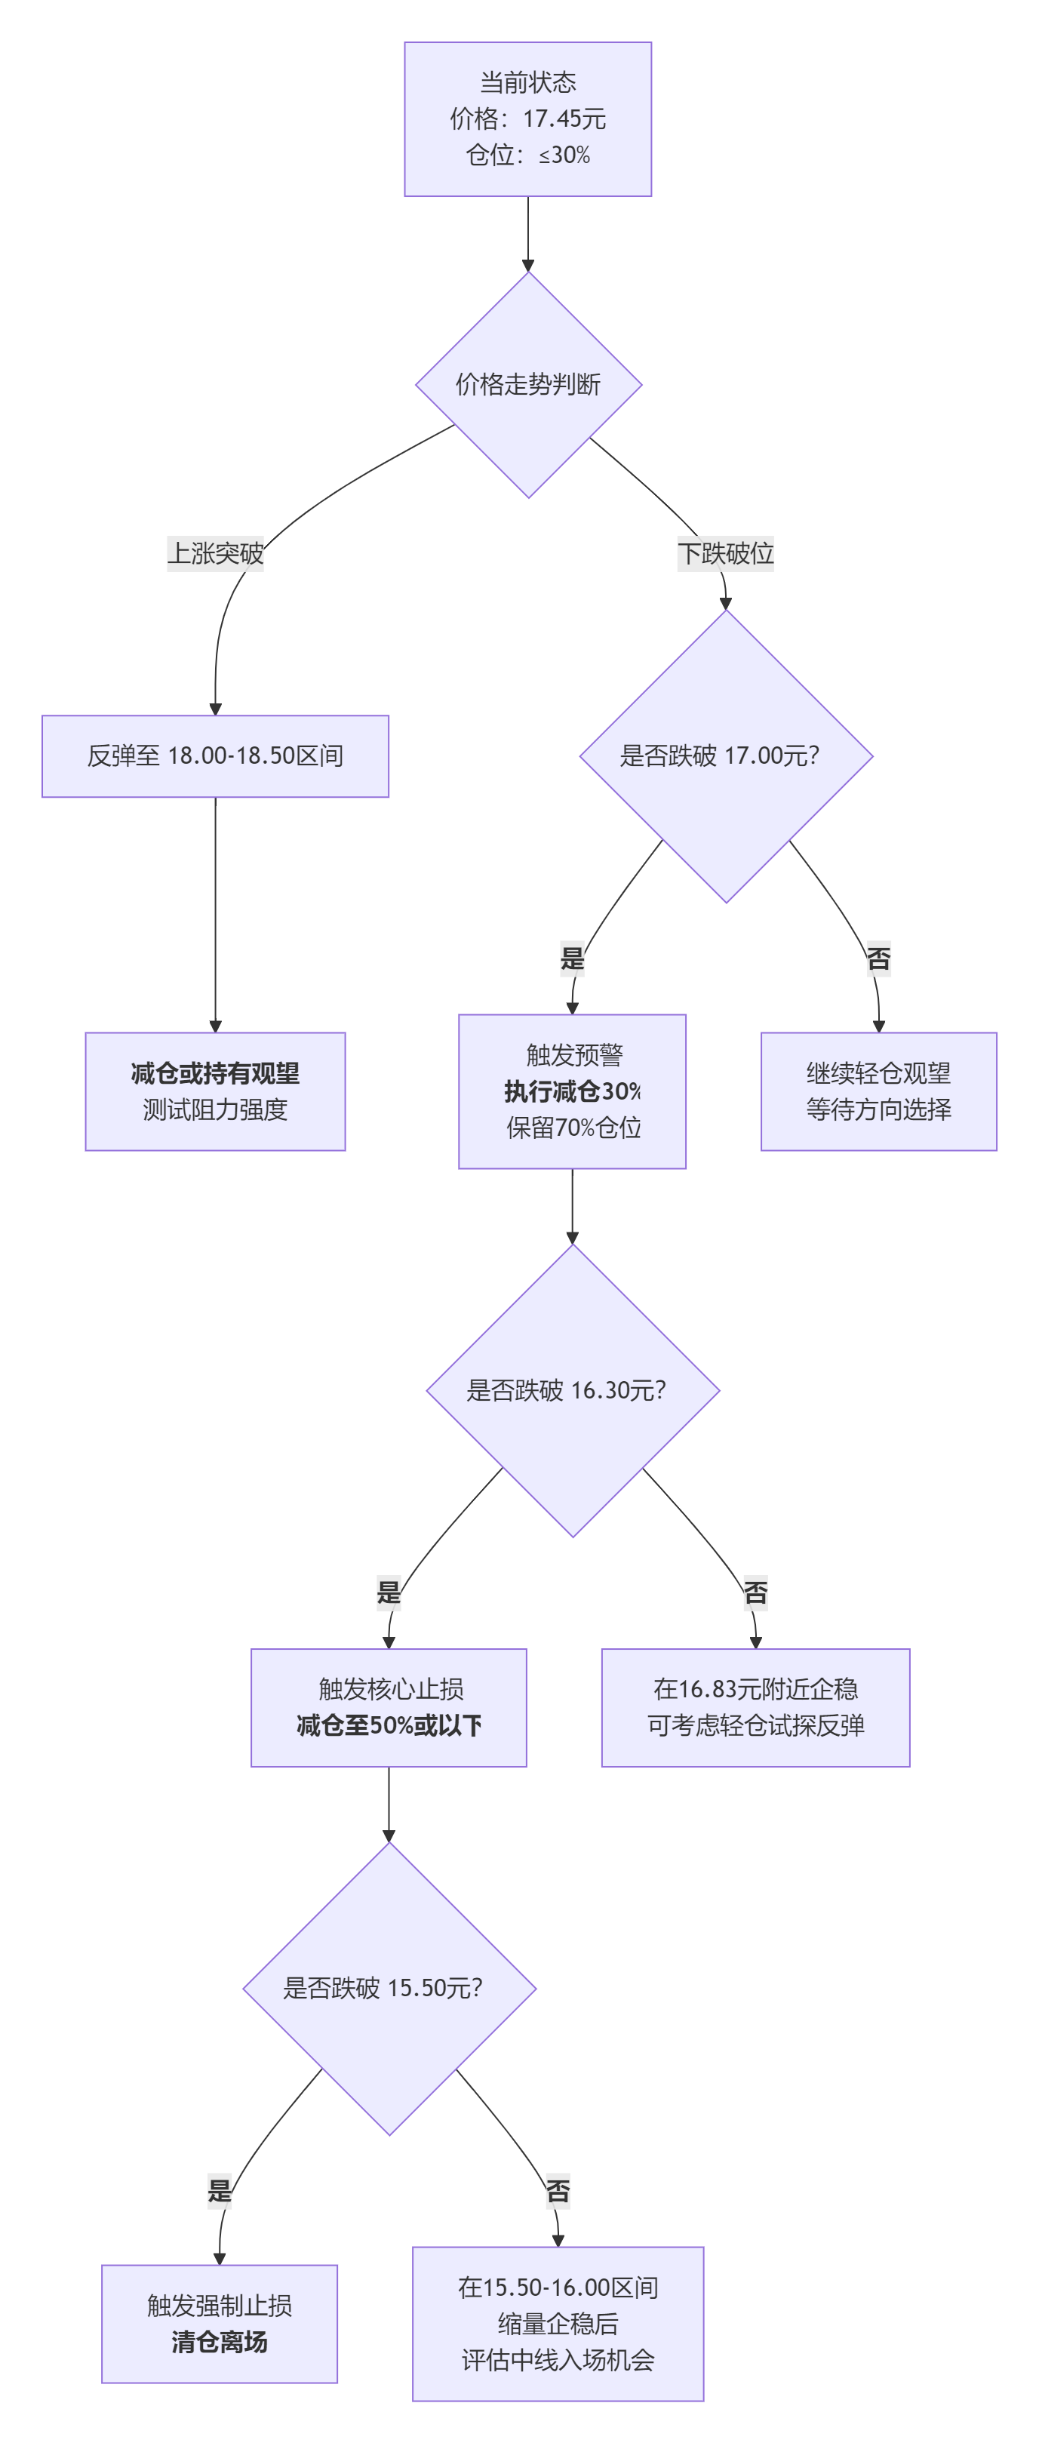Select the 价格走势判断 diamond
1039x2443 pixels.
[x=528, y=384]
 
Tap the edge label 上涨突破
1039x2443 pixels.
[x=215, y=553]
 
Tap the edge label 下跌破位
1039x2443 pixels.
[x=725, y=553]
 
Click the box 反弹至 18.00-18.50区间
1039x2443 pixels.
[x=215, y=756]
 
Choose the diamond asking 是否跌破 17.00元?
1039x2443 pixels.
[x=725, y=756]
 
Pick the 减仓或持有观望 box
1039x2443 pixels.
[x=215, y=1091]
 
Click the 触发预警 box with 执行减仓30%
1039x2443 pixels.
[x=572, y=1091]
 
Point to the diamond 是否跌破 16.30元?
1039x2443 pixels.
[x=572, y=1390]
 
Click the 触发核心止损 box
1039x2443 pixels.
[x=389, y=1707]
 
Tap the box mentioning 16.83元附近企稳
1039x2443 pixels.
[x=755, y=1707]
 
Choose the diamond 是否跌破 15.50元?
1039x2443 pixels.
[x=389, y=1988]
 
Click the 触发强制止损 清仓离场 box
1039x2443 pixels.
[x=219, y=2324]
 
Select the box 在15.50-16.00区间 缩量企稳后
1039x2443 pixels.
[x=558, y=2324]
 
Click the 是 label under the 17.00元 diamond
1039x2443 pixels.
[x=573, y=958]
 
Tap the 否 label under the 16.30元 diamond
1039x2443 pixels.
[x=755, y=1592]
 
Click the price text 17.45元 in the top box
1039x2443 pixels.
[x=564, y=118]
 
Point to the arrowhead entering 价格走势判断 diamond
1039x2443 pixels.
[x=528, y=266]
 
